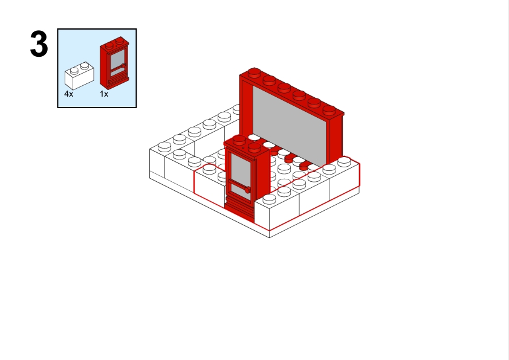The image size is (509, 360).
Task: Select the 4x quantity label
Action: tap(69, 94)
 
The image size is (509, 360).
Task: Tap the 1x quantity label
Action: tap(104, 94)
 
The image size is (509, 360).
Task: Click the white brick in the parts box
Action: tap(80, 76)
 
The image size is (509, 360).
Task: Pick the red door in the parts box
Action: tap(114, 63)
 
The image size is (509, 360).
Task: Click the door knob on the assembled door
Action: tap(247, 190)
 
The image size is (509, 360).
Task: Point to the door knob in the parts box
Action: tap(123, 66)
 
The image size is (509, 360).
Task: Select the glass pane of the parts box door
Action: tap(118, 59)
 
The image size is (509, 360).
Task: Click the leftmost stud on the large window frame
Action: tap(254, 72)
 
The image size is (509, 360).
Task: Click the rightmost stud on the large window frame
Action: tap(329, 110)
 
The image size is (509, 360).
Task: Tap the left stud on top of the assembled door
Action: tap(239, 140)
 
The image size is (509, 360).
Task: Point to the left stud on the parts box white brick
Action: tap(74, 71)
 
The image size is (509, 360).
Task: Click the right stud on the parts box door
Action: tap(120, 40)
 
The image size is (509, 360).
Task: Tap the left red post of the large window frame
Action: tap(246, 107)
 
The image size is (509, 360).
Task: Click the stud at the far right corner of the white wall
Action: tap(344, 161)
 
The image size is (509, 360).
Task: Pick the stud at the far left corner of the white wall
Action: tap(164, 147)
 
